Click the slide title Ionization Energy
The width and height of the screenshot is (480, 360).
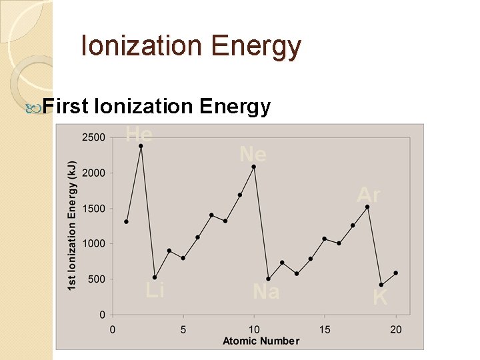[x=191, y=47]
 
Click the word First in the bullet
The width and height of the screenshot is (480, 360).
[x=65, y=107]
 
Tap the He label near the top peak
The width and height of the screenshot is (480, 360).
[x=139, y=135]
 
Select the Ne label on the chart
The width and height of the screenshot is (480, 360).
[x=253, y=155]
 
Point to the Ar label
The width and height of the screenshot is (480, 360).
[x=368, y=195]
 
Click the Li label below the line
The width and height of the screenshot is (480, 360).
[x=155, y=290]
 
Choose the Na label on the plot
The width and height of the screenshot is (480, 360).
[x=266, y=291]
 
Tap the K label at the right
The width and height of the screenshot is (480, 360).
[x=380, y=297]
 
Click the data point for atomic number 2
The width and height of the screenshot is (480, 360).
[x=141, y=146]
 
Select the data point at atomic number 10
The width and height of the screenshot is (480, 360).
[x=254, y=167]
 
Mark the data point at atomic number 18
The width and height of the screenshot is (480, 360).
[x=367, y=207]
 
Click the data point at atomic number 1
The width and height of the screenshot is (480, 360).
[x=126, y=221]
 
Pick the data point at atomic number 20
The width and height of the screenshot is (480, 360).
[x=395, y=273]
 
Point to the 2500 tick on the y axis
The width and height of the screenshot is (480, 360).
[x=93, y=137]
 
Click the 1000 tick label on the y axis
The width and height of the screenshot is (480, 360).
[x=93, y=244]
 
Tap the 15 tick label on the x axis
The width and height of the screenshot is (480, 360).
[x=325, y=329]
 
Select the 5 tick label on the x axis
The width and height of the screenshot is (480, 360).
[x=183, y=329]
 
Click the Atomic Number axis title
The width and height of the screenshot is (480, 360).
[x=261, y=341]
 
